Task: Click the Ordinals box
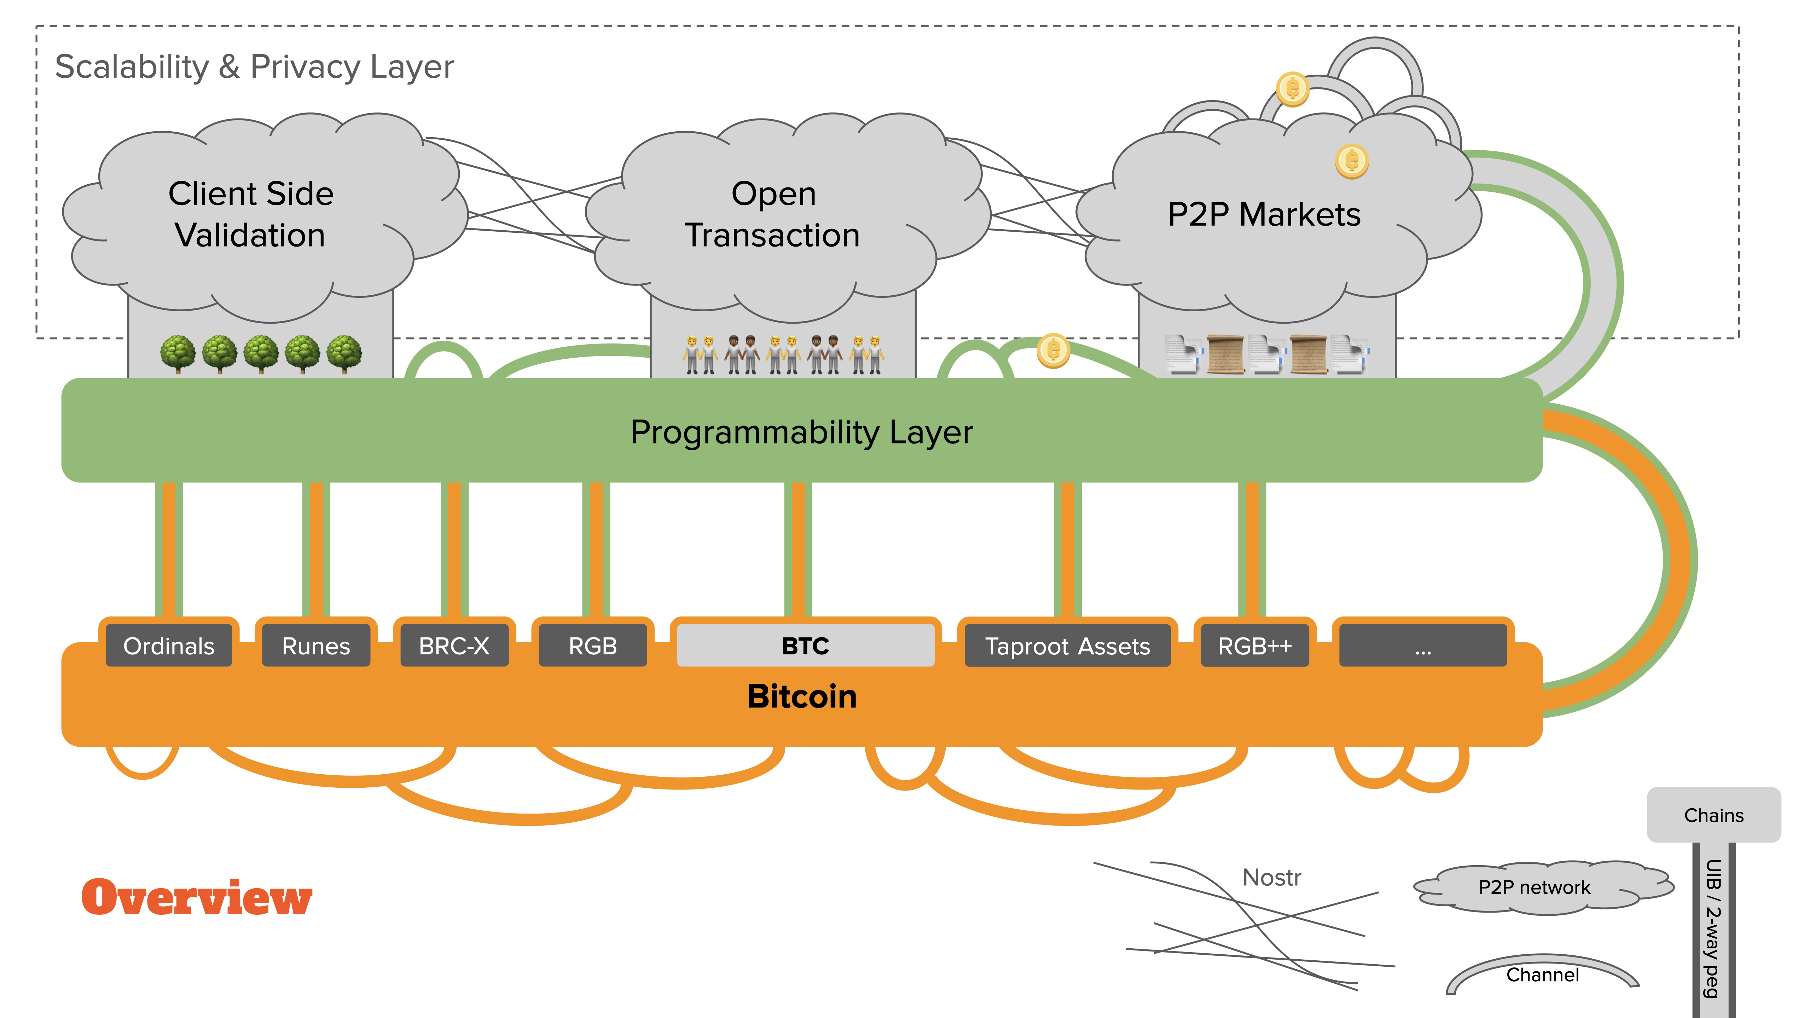(169, 646)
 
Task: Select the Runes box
(315, 646)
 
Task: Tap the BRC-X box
(454, 646)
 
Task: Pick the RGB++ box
(1255, 646)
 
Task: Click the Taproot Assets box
(1067, 646)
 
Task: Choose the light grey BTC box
(805, 646)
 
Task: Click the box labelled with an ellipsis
(1423, 646)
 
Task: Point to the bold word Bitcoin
(802, 696)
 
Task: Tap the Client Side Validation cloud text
(251, 214)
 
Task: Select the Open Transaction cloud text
(773, 214)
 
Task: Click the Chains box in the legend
(1714, 815)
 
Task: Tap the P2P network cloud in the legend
(1534, 887)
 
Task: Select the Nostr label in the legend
(1272, 878)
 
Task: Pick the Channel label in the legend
(1542, 975)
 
